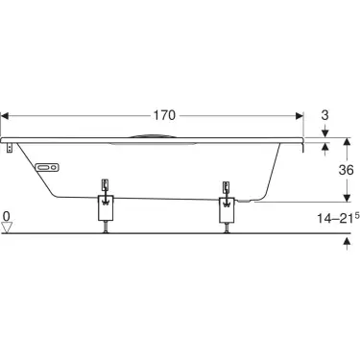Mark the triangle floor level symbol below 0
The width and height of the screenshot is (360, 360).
point(8,228)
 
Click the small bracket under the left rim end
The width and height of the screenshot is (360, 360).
point(10,148)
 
